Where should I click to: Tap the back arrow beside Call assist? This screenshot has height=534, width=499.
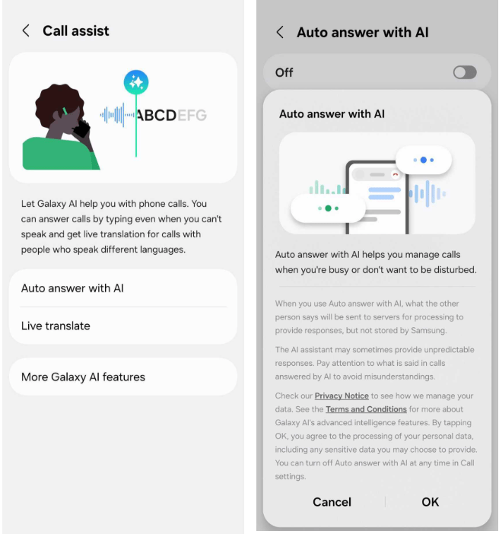coord(26,30)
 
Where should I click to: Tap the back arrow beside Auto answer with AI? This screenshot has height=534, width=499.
coord(280,33)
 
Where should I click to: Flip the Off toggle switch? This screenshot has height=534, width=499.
coord(465,72)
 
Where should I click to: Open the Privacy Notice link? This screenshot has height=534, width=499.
coord(342,396)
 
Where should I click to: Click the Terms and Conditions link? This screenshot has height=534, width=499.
coord(366,409)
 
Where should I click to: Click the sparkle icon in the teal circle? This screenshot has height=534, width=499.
coord(136,82)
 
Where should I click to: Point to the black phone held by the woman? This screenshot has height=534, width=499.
coord(81,129)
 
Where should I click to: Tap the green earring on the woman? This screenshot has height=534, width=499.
coord(65,111)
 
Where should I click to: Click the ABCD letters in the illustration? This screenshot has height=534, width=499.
coord(157,116)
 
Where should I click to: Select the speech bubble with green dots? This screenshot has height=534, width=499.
coord(328,208)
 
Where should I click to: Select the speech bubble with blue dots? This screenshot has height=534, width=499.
coord(424,160)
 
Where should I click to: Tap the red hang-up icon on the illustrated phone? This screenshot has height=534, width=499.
coord(395,175)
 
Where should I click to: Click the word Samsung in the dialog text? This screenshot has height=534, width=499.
coord(428,330)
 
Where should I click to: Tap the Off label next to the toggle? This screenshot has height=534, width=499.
coord(284,72)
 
